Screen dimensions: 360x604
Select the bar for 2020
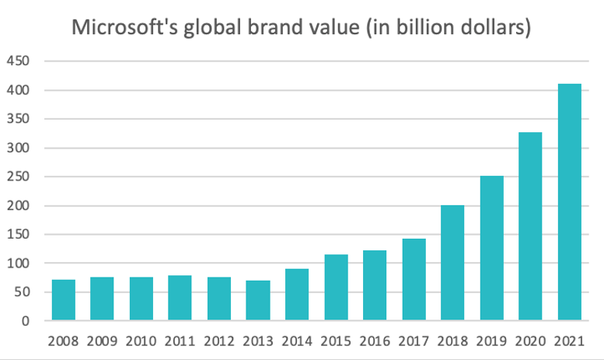point(530,226)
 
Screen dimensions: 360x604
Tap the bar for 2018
point(452,263)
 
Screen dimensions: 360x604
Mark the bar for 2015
point(336,288)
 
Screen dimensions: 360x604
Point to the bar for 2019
point(491,248)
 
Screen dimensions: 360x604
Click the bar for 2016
point(375,285)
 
